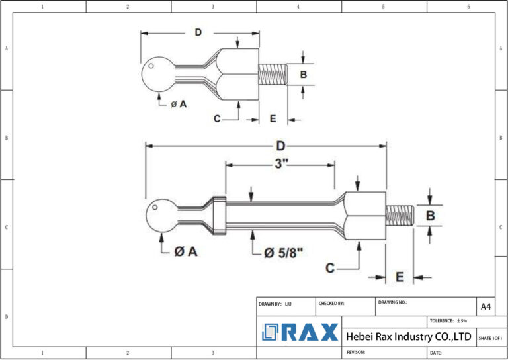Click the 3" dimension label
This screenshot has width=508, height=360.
[x=282, y=164]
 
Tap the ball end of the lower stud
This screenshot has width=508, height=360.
[x=161, y=216]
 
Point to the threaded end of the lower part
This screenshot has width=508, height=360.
[x=399, y=216]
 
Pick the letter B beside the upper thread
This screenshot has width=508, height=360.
[x=303, y=74]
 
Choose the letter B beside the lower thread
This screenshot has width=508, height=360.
[x=430, y=216]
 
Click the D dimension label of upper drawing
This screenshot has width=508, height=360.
[x=198, y=32]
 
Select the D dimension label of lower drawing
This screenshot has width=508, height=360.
[x=280, y=146]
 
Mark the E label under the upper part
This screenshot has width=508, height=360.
[x=273, y=119]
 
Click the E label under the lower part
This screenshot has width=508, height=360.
[x=400, y=277]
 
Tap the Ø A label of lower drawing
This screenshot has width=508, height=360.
[x=186, y=251]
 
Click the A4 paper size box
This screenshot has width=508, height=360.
[x=486, y=306]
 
